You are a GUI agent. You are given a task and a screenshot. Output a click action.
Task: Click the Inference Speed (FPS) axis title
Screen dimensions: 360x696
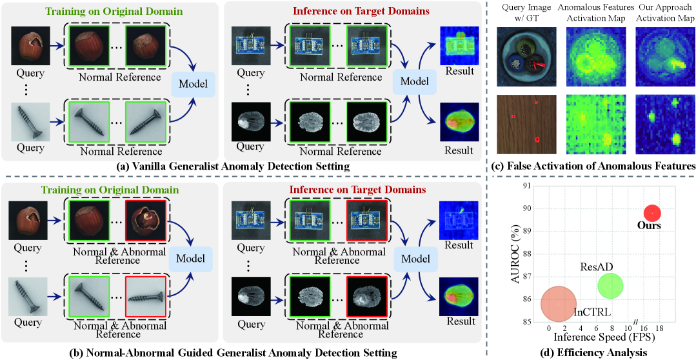pos(600,337)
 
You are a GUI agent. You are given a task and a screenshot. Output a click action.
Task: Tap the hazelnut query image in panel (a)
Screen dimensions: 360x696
pos(30,45)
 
